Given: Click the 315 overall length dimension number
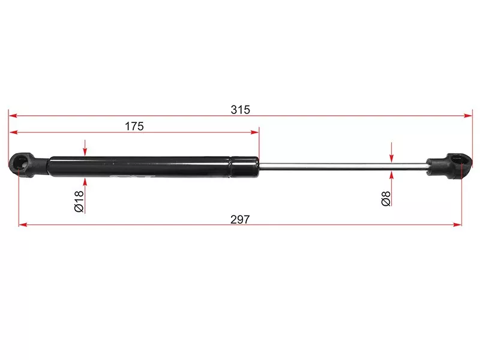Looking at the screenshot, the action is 241,110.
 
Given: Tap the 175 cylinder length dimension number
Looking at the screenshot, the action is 134,126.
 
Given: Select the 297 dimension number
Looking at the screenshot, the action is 240,220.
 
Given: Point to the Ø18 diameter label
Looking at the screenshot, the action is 79,201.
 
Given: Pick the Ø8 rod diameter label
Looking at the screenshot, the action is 386,199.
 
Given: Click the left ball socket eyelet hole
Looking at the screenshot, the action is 21,161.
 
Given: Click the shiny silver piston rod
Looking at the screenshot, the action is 343,166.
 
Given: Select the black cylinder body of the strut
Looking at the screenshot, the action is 153,167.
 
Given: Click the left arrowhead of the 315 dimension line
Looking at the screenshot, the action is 13,116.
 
